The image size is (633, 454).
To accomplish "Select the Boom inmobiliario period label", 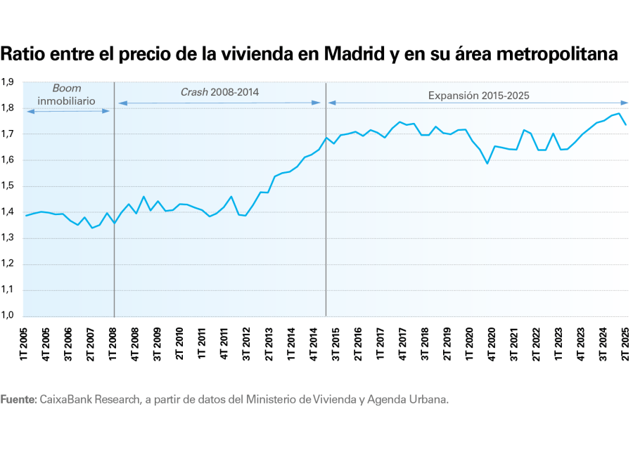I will click(x=67, y=94).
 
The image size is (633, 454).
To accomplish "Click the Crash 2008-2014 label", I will click(x=219, y=91).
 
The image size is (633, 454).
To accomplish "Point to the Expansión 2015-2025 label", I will click(x=478, y=94).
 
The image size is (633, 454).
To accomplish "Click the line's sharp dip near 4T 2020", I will click(x=487, y=164).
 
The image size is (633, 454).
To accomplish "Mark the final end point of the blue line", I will click(x=626, y=124).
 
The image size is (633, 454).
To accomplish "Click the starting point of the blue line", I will click(x=26, y=216).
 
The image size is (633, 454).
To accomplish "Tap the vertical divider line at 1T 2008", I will click(x=114, y=211).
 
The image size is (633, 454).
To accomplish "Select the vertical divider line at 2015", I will click(x=326, y=211).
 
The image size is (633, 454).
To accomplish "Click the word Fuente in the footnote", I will click(x=18, y=399).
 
